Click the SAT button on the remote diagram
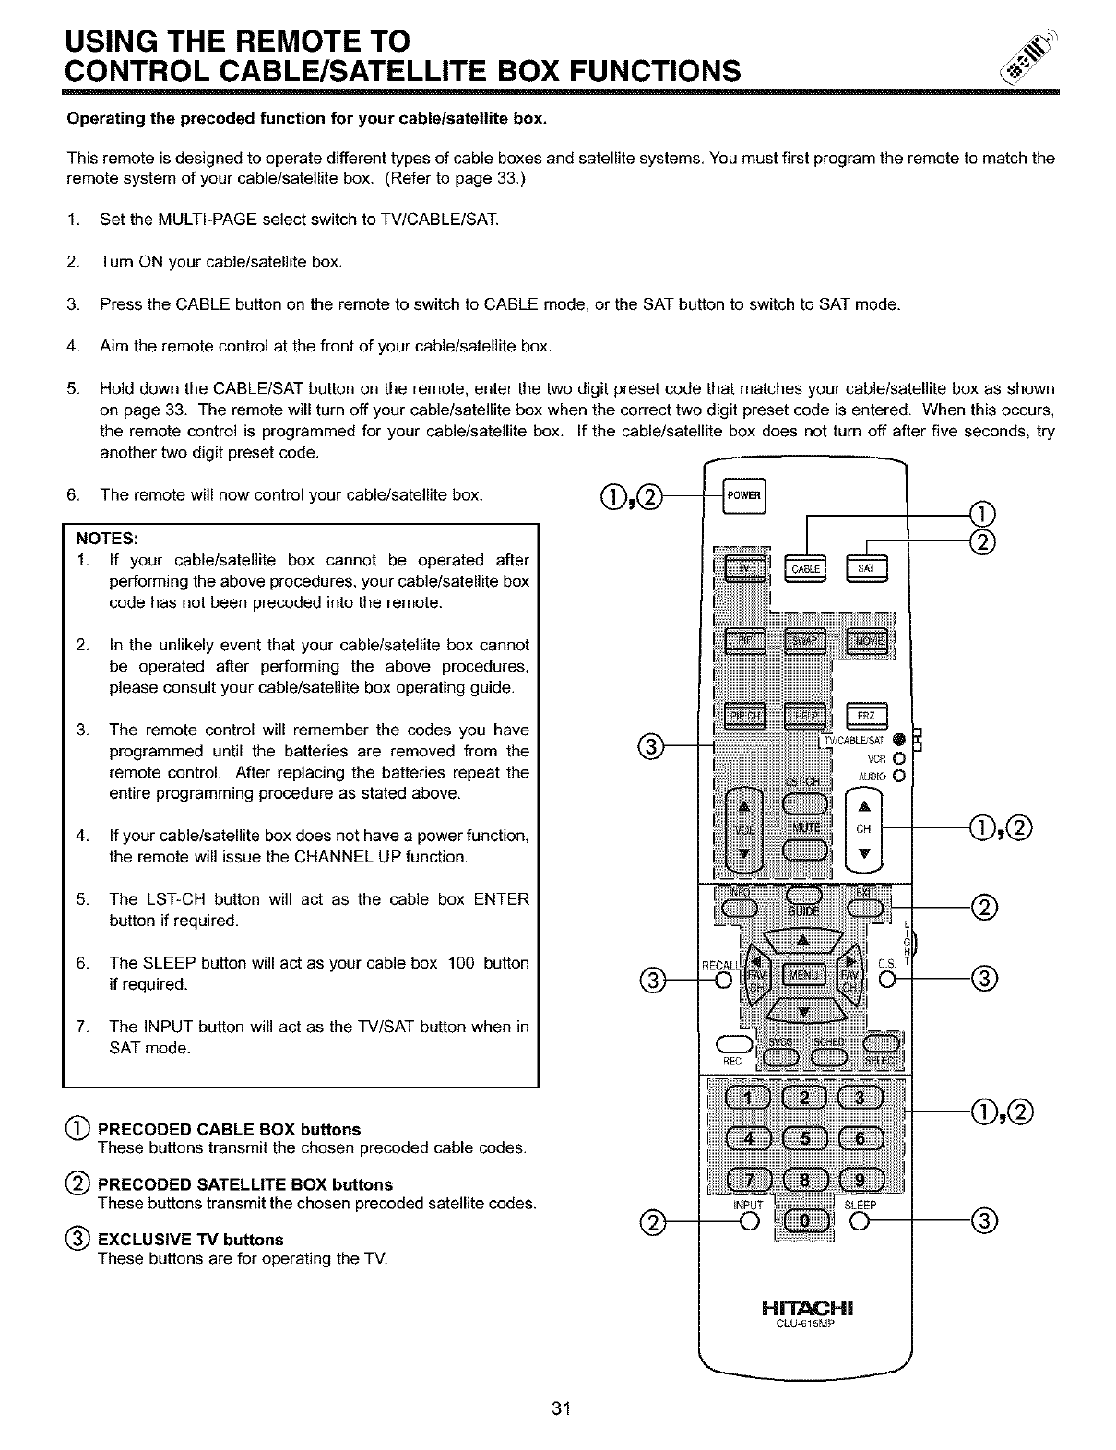[865, 570]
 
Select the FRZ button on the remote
[865, 716]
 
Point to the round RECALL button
[725, 980]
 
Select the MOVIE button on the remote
[865, 642]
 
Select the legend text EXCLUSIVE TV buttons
[190, 1240]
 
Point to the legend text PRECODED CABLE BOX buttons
[229, 1130]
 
